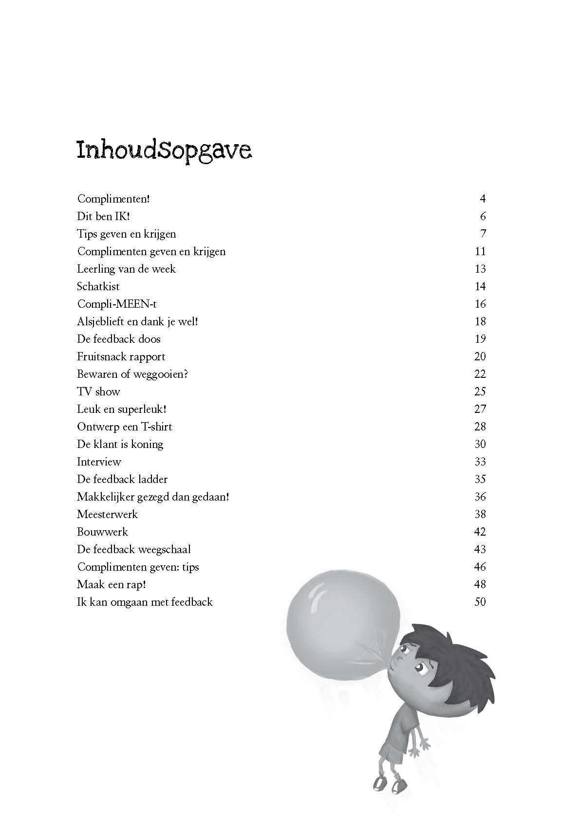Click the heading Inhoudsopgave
pos(164,151)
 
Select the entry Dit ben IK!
pos(103,216)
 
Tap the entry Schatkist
pos(98,286)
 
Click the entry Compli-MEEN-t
pos(117,304)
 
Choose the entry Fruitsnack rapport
pos(121,356)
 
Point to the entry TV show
pos(98,391)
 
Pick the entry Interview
pos(99,462)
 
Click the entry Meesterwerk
pos(107,514)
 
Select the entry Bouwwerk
pos(102,532)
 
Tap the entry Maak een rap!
pos(112,584)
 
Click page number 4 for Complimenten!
pos(483,199)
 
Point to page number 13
pos(480,269)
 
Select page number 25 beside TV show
pos(480,391)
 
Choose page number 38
pos(480,514)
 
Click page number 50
pos(480,602)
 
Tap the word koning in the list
pos(147,444)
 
